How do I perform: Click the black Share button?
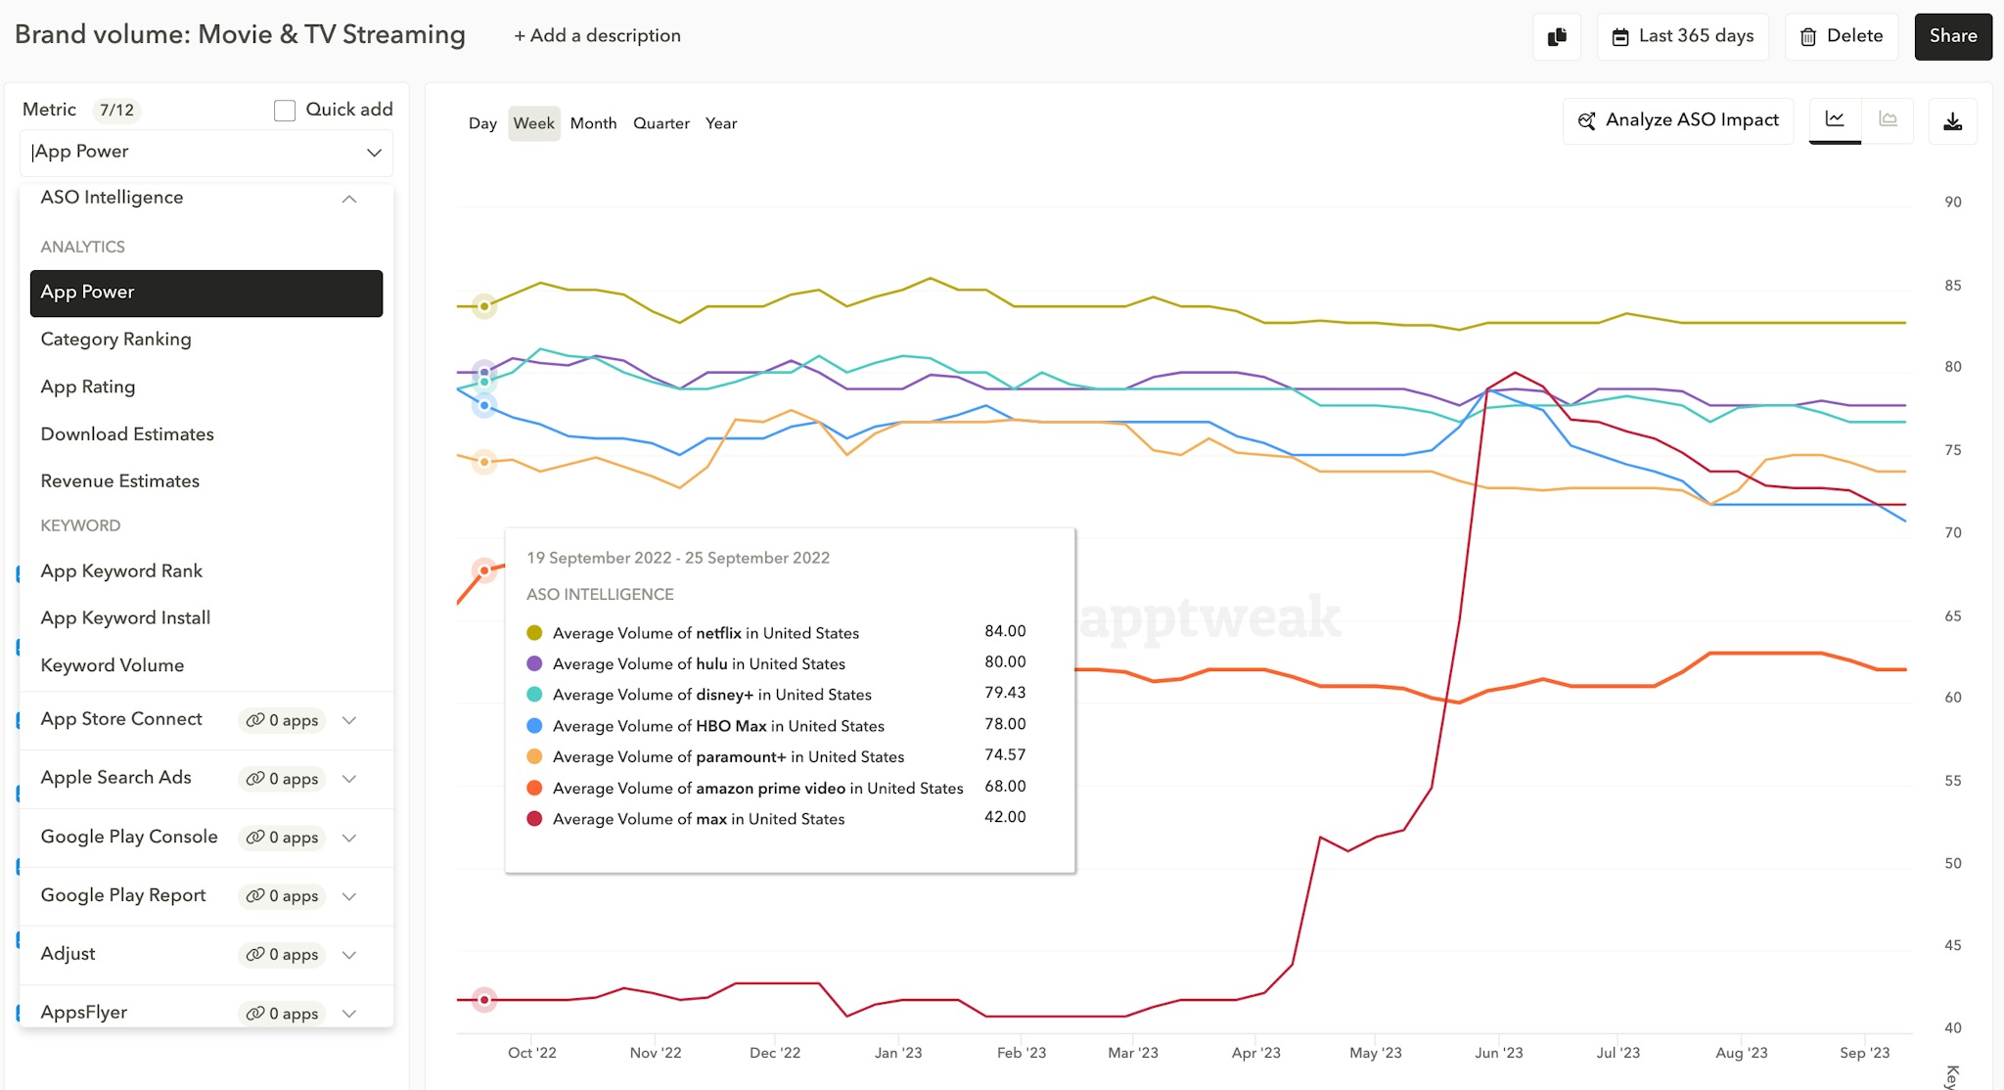pyautogui.click(x=1952, y=36)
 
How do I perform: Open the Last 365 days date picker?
pyautogui.click(x=1682, y=36)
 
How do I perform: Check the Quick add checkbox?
pyautogui.click(x=285, y=111)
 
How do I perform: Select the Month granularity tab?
pyautogui.click(x=593, y=123)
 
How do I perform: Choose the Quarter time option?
pyautogui.click(x=660, y=123)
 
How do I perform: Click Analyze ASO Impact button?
pyautogui.click(x=1678, y=120)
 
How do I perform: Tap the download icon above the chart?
pyautogui.click(x=1952, y=121)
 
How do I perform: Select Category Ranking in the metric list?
pyautogui.click(x=115, y=340)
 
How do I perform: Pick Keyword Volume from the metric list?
pyautogui.click(x=112, y=665)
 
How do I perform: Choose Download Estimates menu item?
pyautogui.click(x=127, y=434)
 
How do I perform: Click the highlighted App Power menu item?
pyautogui.click(x=205, y=293)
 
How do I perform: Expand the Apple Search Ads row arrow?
pyautogui.click(x=349, y=779)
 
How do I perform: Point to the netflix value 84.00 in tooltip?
pyautogui.click(x=1005, y=631)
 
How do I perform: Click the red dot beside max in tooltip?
pyautogui.click(x=534, y=819)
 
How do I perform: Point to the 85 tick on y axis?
pyautogui.click(x=1952, y=286)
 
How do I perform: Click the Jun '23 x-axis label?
pyautogui.click(x=1498, y=1053)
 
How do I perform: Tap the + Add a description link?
pyautogui.click(x=597, y=36)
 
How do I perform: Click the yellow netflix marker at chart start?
pyautogui.click(x=483, y=306)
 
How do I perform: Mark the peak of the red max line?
pyautogui.click(x=1516, y=372)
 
